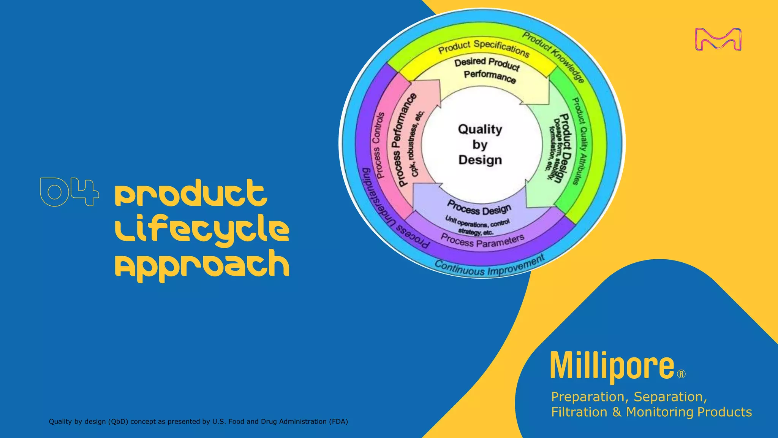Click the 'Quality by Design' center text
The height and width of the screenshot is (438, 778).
pos(480,145)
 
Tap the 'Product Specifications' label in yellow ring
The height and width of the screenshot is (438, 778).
pos(484,48)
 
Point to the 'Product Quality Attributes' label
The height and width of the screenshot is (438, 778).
pos(580,141)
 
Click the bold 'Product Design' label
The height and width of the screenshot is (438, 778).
pos(564,148)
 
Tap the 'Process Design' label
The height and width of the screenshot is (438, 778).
pos(479,208)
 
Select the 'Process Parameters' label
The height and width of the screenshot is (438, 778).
pos(482,241)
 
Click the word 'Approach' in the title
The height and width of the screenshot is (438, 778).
pos(202,264)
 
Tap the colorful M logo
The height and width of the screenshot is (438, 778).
pos(718,39)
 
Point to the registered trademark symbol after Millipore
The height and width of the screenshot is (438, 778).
pos(682,374)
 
